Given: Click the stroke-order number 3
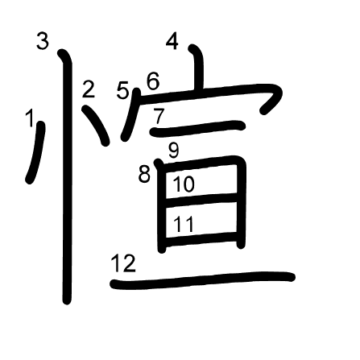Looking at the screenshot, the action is (43, 41).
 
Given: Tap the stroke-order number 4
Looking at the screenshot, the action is (172, 41).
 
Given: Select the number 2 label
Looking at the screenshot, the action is (89, 89).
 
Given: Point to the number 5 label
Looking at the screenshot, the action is (122, 90).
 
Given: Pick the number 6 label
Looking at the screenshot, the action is (153, 81).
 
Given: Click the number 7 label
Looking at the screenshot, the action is (159, 116).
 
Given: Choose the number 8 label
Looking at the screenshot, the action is (144, 174).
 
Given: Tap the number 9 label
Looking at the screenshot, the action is (173, 150).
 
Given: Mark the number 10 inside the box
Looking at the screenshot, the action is (184, 184).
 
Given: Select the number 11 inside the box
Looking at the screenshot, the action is (184, 224).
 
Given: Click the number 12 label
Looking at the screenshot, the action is (123, 263).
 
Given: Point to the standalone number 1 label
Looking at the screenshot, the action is (30, 118).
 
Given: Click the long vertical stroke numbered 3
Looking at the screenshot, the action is (67, 177).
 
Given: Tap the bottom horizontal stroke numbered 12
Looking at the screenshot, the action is (203, 280).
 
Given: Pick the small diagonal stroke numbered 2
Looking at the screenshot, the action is (97, 125).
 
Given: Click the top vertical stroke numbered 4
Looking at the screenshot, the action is (198, 67).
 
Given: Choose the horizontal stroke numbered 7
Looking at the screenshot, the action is (198, 128).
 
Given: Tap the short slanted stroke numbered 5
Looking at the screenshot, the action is (130, 114).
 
